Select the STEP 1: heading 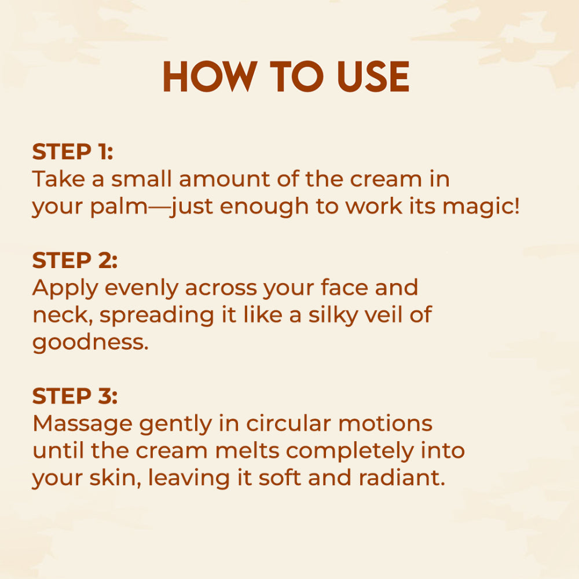click(72, 152)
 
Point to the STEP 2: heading click(75, 261)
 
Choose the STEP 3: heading click(75, 396)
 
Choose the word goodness click(90, 343)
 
